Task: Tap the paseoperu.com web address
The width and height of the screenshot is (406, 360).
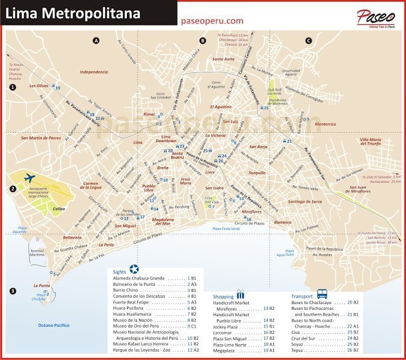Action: (213, 20)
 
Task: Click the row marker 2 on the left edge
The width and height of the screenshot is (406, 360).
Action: (12, 189)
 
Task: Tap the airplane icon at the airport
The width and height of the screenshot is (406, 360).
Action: (29, 178)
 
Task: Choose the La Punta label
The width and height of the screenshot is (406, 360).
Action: (42, 286)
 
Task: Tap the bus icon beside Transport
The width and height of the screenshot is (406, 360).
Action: (322, 295)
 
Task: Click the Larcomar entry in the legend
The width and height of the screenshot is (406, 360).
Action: (226, 331)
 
